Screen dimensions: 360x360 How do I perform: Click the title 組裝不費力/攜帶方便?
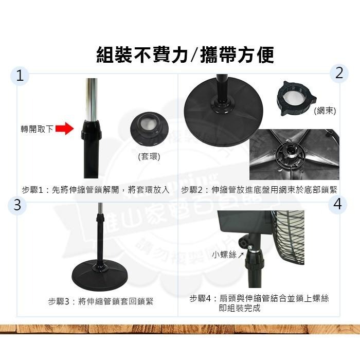coord(185,55)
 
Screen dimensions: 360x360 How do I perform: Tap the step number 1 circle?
coord(20,76)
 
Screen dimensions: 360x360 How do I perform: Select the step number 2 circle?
coord(338,73)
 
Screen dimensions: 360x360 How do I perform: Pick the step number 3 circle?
coord(17,205)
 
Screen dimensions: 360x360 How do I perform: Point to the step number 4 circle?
coord(337,204)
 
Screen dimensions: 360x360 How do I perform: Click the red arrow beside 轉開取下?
coord(64,129)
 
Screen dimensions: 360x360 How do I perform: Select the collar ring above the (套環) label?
coord(150,129)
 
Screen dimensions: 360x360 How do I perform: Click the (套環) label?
coord(149,156)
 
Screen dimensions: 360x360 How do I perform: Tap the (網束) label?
coord(325,111)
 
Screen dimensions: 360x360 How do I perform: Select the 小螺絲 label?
coord(224,254)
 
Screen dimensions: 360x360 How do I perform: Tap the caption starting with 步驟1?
coord(96,190)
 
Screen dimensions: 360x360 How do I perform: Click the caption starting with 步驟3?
coord(101,301)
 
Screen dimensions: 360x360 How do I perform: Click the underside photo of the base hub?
coord(294,154)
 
